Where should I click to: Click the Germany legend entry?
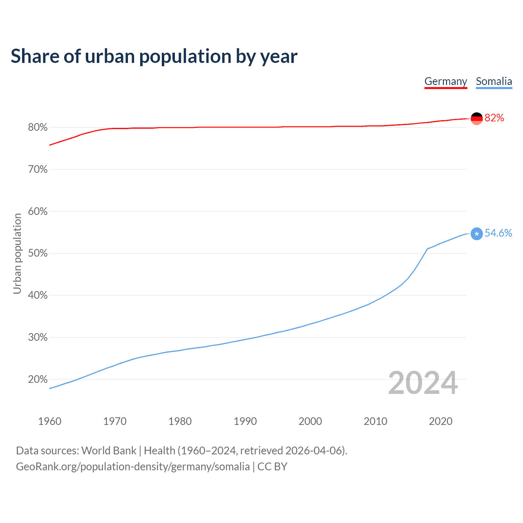point(445,81)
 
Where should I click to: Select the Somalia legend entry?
point(494,81)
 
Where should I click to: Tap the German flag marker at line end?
point(477,118)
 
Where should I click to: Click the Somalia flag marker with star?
point(477,234)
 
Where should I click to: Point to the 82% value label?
point(494,118)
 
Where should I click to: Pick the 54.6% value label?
point(498,233)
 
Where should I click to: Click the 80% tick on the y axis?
point(38,127)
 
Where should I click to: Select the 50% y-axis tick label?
point(38,253)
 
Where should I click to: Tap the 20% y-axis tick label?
point(38,380)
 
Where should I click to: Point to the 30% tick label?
point(38,337)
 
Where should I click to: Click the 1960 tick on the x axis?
point(49,421)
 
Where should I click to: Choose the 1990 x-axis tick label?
point(245,421)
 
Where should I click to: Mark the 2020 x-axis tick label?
point(440,421)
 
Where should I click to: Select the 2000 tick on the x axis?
point(310,421)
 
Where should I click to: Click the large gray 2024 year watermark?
point(423,383)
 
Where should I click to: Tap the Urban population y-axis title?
point(17,253)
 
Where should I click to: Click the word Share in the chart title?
point(34,56)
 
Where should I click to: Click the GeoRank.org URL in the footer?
point(133,467)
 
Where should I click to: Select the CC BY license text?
point(272,467)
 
